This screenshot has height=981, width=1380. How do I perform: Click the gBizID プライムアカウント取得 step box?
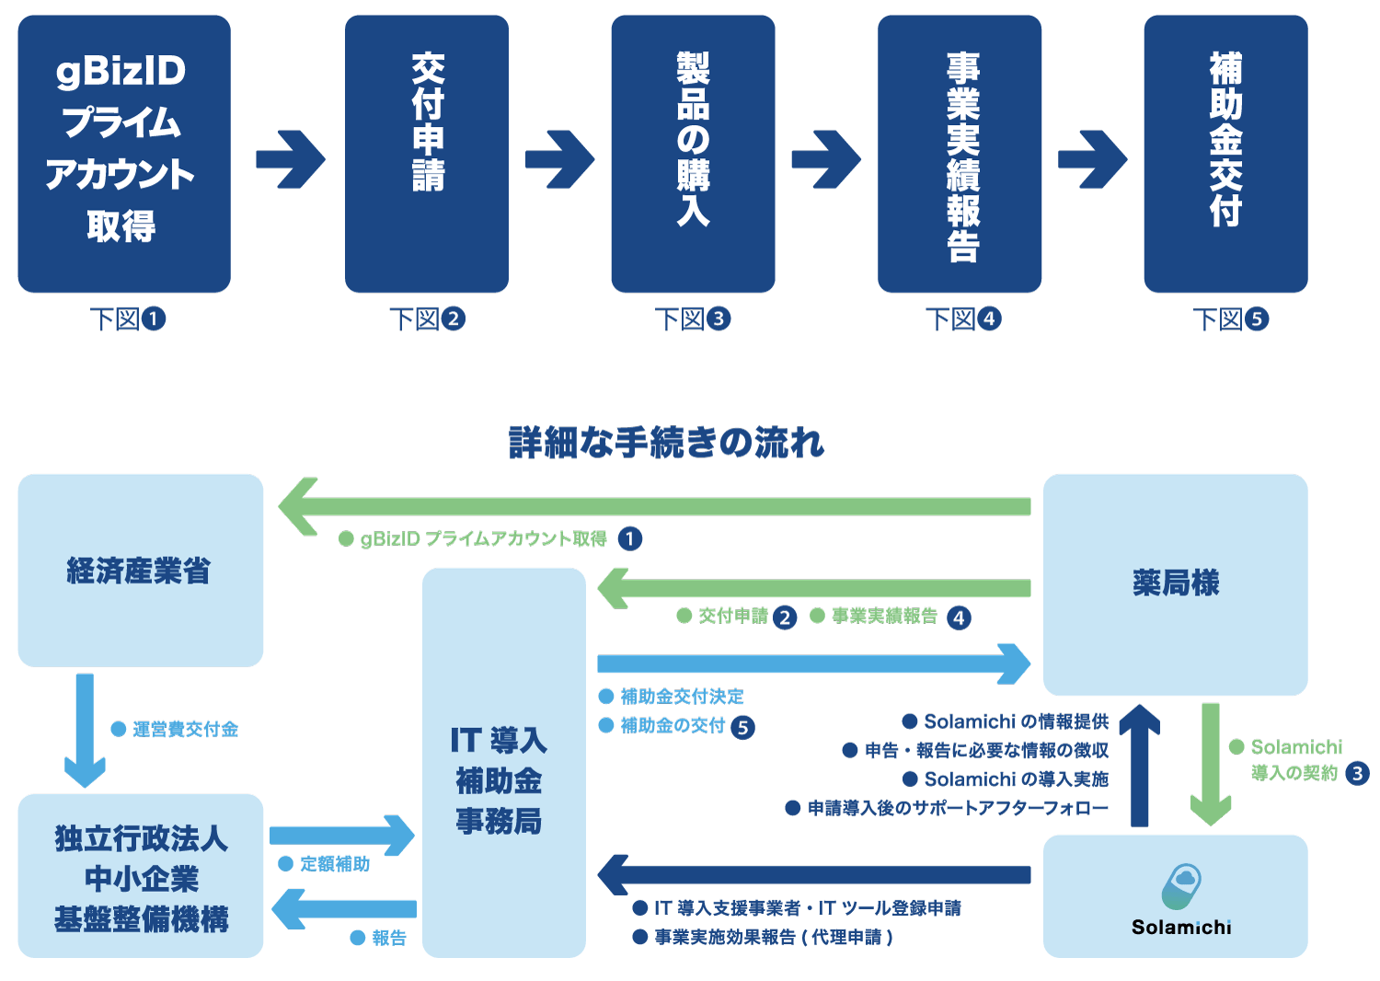coord(124,154)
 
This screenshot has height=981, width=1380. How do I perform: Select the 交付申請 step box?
coord(427,154)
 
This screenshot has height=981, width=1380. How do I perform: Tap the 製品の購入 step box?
coord(693,154)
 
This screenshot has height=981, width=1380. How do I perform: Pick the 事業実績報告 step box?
coord(960,154)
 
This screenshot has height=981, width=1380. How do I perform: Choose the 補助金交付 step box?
coord(1225,154)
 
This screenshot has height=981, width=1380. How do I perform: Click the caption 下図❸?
coord(692,319)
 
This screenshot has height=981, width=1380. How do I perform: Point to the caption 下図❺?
coord(1230,319)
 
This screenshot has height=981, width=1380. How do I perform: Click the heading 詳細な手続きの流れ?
coord(666,443)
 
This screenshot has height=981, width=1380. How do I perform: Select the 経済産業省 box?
coord(141,571)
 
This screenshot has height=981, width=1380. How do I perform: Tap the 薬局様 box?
coord(1175,584)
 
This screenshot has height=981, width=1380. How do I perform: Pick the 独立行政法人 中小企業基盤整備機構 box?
coord(141,876)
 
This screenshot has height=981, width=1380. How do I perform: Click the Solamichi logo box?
coord(1175,896)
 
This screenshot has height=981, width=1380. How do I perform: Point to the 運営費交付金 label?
coord(185,730)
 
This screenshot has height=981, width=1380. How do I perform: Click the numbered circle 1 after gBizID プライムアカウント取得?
coord(630,538)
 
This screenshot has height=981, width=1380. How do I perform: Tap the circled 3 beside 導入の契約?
coord(1357,773)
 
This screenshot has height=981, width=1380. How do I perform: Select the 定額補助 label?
coord(334,864)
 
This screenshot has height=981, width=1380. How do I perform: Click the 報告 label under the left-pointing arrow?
coord(388,938)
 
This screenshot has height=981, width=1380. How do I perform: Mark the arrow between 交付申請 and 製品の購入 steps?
coord(559,159)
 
